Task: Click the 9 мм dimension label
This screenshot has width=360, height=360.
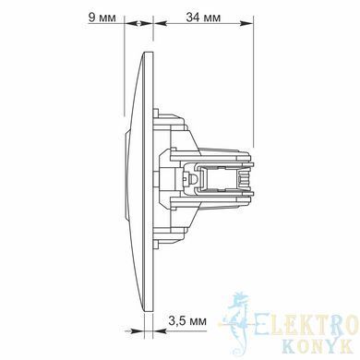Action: point(102,18)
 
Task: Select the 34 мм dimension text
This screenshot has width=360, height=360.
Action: point(203,18)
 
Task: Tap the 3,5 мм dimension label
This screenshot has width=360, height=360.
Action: point(187,321)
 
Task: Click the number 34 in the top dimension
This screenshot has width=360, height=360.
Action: point(193,18)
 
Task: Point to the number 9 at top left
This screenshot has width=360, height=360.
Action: point(91,18)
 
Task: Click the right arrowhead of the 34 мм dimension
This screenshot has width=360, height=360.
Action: point(246,23)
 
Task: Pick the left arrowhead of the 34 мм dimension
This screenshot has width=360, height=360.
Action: point(160,23)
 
